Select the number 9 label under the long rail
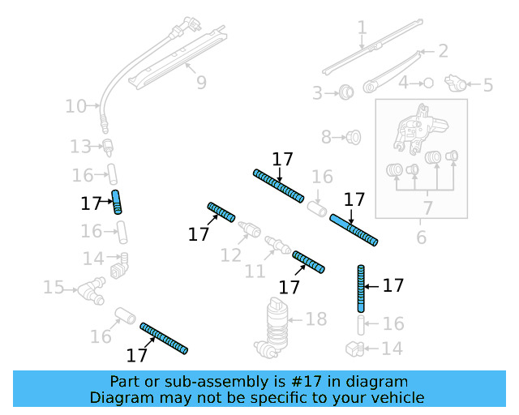click(201, 82)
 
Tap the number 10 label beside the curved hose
click(75, 105)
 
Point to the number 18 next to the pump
click(315, 319)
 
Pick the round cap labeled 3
click(346, 92)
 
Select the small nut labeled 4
click(428, 83)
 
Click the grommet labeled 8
click(353, 137)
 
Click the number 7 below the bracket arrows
click(427, 208)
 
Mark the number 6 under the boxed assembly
click(421, 237)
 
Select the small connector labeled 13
click(108, 146)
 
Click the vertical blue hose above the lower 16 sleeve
click(361, 287)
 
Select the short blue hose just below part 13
click(118, 200)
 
